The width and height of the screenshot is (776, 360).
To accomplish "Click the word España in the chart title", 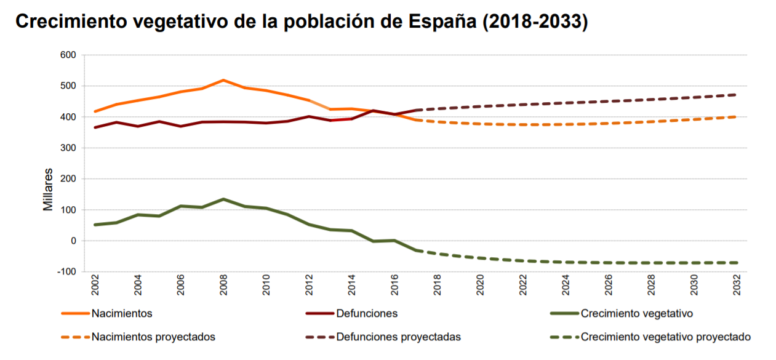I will (x=442, y=22).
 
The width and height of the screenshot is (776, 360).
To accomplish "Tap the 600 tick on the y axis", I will (x=68, y=55).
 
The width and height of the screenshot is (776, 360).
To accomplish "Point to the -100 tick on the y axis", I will (x=66, y=271).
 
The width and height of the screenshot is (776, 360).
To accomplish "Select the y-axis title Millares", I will (x=48, y=190).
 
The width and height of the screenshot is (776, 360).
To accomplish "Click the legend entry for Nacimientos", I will (x=121, y=313).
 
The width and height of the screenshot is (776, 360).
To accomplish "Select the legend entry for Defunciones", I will (x=367, y=313).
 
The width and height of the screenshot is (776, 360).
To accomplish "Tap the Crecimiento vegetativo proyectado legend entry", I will (x=665, y=337).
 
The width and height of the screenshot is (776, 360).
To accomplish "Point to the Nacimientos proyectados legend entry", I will (x=153, y=337).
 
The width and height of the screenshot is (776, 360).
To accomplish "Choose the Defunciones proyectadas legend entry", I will (x=398, y=337).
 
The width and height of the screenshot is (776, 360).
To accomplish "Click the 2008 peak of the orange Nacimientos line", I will (x=223, y=80).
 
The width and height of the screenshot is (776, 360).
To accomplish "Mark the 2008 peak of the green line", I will (x=223, y=199).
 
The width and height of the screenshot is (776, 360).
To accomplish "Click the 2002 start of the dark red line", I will (x=95, y=127).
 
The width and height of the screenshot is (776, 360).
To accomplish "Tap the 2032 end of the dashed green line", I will (x=737, y=263).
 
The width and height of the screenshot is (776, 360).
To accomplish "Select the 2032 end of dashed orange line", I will (x=737, y=116).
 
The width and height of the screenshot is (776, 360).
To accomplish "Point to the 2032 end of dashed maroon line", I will (x=737, y=95).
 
